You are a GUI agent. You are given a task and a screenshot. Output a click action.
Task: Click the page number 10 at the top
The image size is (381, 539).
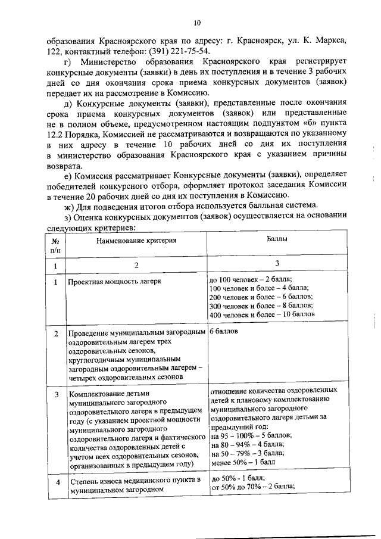198,23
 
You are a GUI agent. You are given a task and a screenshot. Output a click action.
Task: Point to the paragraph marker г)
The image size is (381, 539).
67,61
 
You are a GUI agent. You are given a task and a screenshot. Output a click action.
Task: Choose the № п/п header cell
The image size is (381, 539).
55,244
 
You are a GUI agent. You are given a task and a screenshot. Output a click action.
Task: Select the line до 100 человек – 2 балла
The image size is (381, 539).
251,279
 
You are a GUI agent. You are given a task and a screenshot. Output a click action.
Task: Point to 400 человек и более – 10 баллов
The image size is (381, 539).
262,314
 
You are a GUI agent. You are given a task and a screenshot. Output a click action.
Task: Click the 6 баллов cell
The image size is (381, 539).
224,332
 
